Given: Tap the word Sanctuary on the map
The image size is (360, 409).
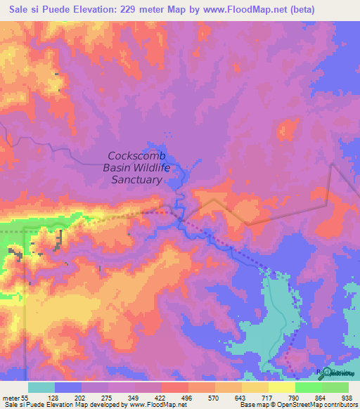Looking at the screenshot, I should pos(137,180).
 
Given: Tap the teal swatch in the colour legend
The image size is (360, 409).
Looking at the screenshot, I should pos(41,387).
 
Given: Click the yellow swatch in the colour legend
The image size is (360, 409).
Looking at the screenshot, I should pos(281,387).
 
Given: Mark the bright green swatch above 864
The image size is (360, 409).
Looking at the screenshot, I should pos(308,387).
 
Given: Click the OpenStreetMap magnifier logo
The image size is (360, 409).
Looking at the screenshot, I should pos(327,372).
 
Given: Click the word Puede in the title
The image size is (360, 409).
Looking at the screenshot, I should pos(63,10).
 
